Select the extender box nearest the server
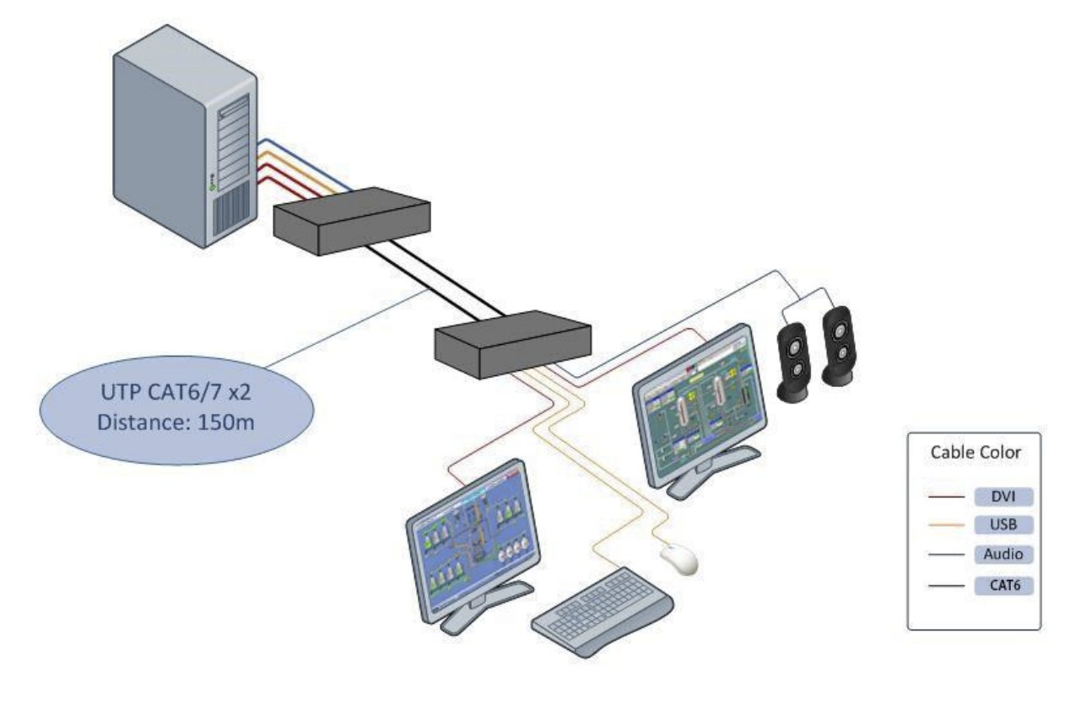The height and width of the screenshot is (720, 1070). [352, 221]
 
